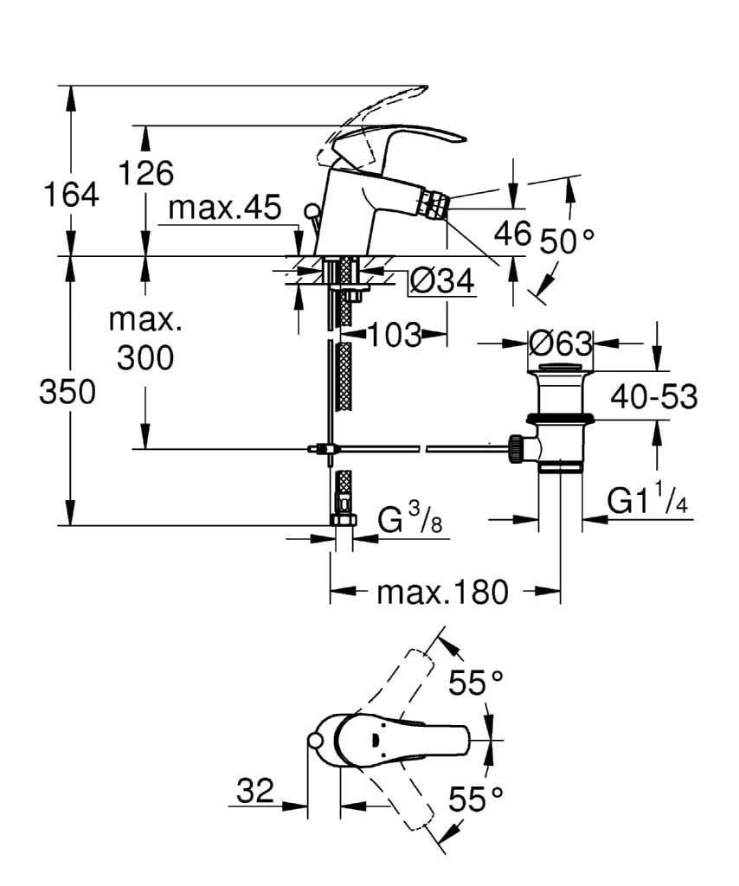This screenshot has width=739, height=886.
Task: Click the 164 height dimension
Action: click(x=71, y=195)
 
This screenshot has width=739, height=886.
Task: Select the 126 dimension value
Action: click(x=145, y=173)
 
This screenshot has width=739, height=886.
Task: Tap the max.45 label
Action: click(x=225, y=208)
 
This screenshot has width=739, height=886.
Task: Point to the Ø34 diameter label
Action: click(x=441, y=280)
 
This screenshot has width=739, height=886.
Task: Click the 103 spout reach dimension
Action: click(x=395, y=334)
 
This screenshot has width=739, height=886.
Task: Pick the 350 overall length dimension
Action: click(x=67, y=393)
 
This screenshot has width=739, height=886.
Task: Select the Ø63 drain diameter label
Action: click(x=561, y=343)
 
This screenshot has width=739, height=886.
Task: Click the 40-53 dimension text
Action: click(x=653, y=396)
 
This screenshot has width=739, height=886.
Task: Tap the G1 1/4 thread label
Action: click(x=648, y=501)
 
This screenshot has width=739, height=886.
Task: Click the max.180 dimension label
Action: click(x=441, y=593)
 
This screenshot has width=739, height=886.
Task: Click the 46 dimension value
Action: click(x=511, y=233)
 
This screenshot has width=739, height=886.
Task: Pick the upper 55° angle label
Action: click(x=475, y=684)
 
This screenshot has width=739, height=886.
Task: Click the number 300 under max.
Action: click(x=145, y=356)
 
